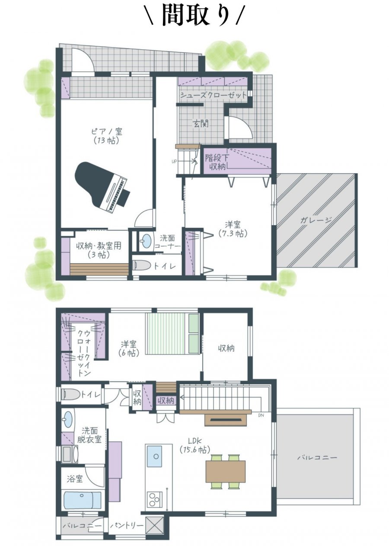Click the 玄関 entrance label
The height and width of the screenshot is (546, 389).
201,124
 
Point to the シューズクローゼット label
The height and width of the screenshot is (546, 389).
214,95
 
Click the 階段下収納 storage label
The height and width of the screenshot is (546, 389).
217,163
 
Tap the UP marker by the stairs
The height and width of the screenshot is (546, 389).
174,161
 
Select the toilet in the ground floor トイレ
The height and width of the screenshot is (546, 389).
142,265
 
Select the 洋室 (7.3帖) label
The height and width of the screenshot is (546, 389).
233,229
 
